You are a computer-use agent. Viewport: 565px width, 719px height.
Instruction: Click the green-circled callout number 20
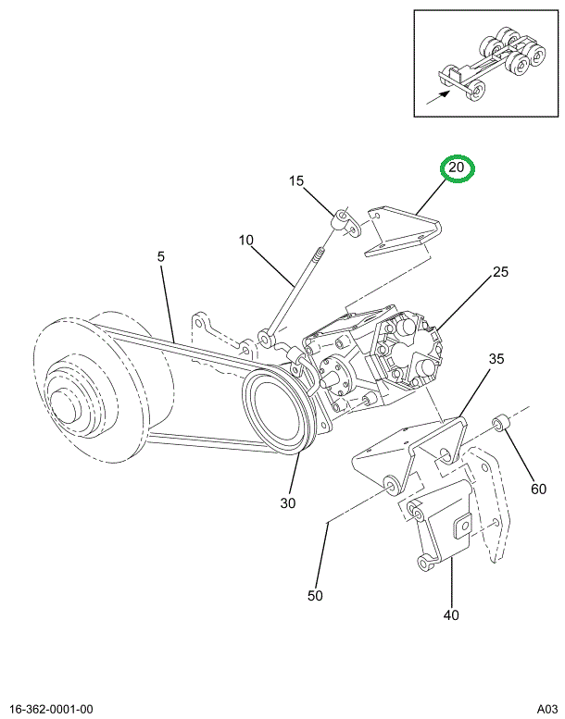pyautogui.click(x=456, y=169)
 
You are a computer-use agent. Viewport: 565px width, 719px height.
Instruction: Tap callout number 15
pyautogui.click(x=296, y=182)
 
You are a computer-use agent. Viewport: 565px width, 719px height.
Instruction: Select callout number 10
pyautogui.click(x=245, y=241)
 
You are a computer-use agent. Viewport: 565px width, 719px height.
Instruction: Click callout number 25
pyautogui.click(x=500, y=272)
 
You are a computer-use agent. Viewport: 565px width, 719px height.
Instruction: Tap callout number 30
pyautogui.click(x=288, y=504)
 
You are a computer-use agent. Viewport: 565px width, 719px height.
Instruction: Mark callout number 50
pyautogui.click(x=315, y=596)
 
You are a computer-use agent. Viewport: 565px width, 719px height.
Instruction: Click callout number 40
pyautogui.click(x=451, y=614)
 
